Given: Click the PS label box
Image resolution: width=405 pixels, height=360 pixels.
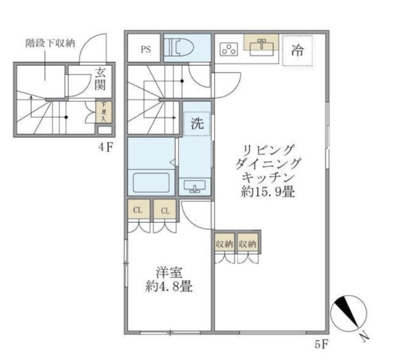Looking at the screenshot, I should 145,50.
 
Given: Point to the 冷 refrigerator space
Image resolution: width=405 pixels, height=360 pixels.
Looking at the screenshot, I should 297,51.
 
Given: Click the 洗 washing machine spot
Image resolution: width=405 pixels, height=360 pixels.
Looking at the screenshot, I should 197,123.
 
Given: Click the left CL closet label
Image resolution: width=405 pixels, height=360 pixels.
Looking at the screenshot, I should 137,210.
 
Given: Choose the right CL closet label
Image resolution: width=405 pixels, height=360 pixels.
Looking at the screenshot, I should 164,210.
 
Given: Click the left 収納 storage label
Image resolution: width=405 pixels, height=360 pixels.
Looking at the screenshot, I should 223,242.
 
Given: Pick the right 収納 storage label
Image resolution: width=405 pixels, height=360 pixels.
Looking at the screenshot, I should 247,242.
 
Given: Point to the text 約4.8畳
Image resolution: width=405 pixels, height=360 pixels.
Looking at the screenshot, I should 168,286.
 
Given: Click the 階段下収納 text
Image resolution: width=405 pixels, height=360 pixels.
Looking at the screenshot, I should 51,44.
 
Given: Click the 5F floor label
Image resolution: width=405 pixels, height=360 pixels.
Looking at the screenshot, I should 321,345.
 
